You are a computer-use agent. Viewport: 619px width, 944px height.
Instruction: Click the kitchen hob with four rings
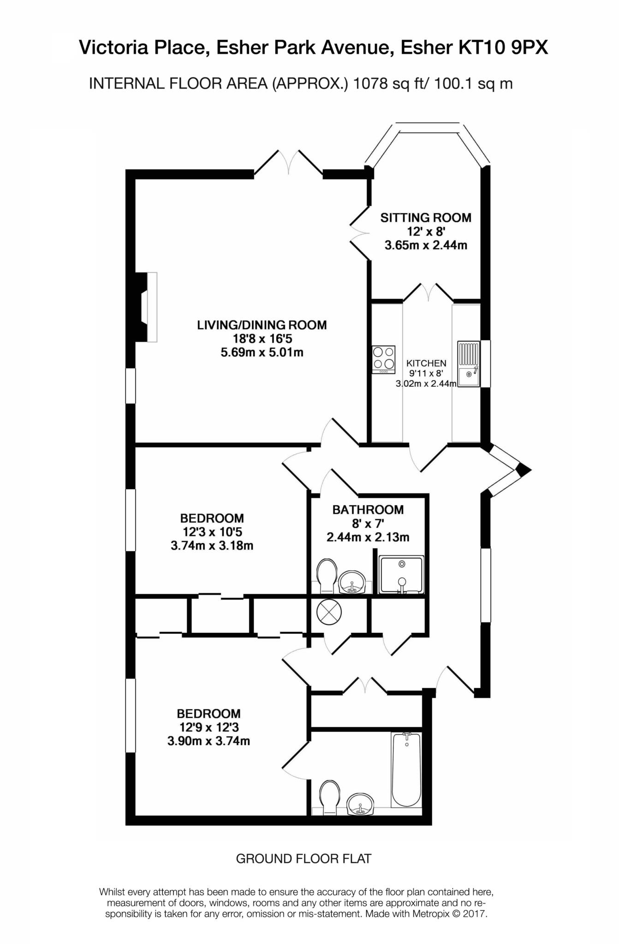(384, 360)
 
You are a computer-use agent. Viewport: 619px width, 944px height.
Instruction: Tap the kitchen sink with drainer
(469, 364)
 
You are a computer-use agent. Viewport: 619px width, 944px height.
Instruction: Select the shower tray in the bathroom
(401, 574)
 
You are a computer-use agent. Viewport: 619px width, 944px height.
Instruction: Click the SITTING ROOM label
(426, 218)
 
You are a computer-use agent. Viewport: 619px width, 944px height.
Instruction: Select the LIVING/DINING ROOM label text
(262, 325)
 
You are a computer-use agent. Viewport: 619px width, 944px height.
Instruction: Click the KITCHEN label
(426, 363)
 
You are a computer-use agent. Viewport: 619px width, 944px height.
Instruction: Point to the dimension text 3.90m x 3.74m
(208, 741)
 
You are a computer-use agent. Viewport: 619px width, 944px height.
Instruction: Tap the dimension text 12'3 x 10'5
(212, 532)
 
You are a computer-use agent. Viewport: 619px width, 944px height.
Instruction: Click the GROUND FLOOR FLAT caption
(304, 859)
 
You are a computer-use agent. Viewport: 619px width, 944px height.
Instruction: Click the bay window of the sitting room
(427, 143)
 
